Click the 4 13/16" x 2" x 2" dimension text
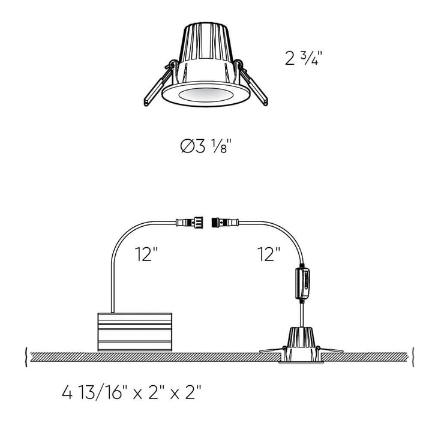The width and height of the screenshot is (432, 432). coord(131,394)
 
